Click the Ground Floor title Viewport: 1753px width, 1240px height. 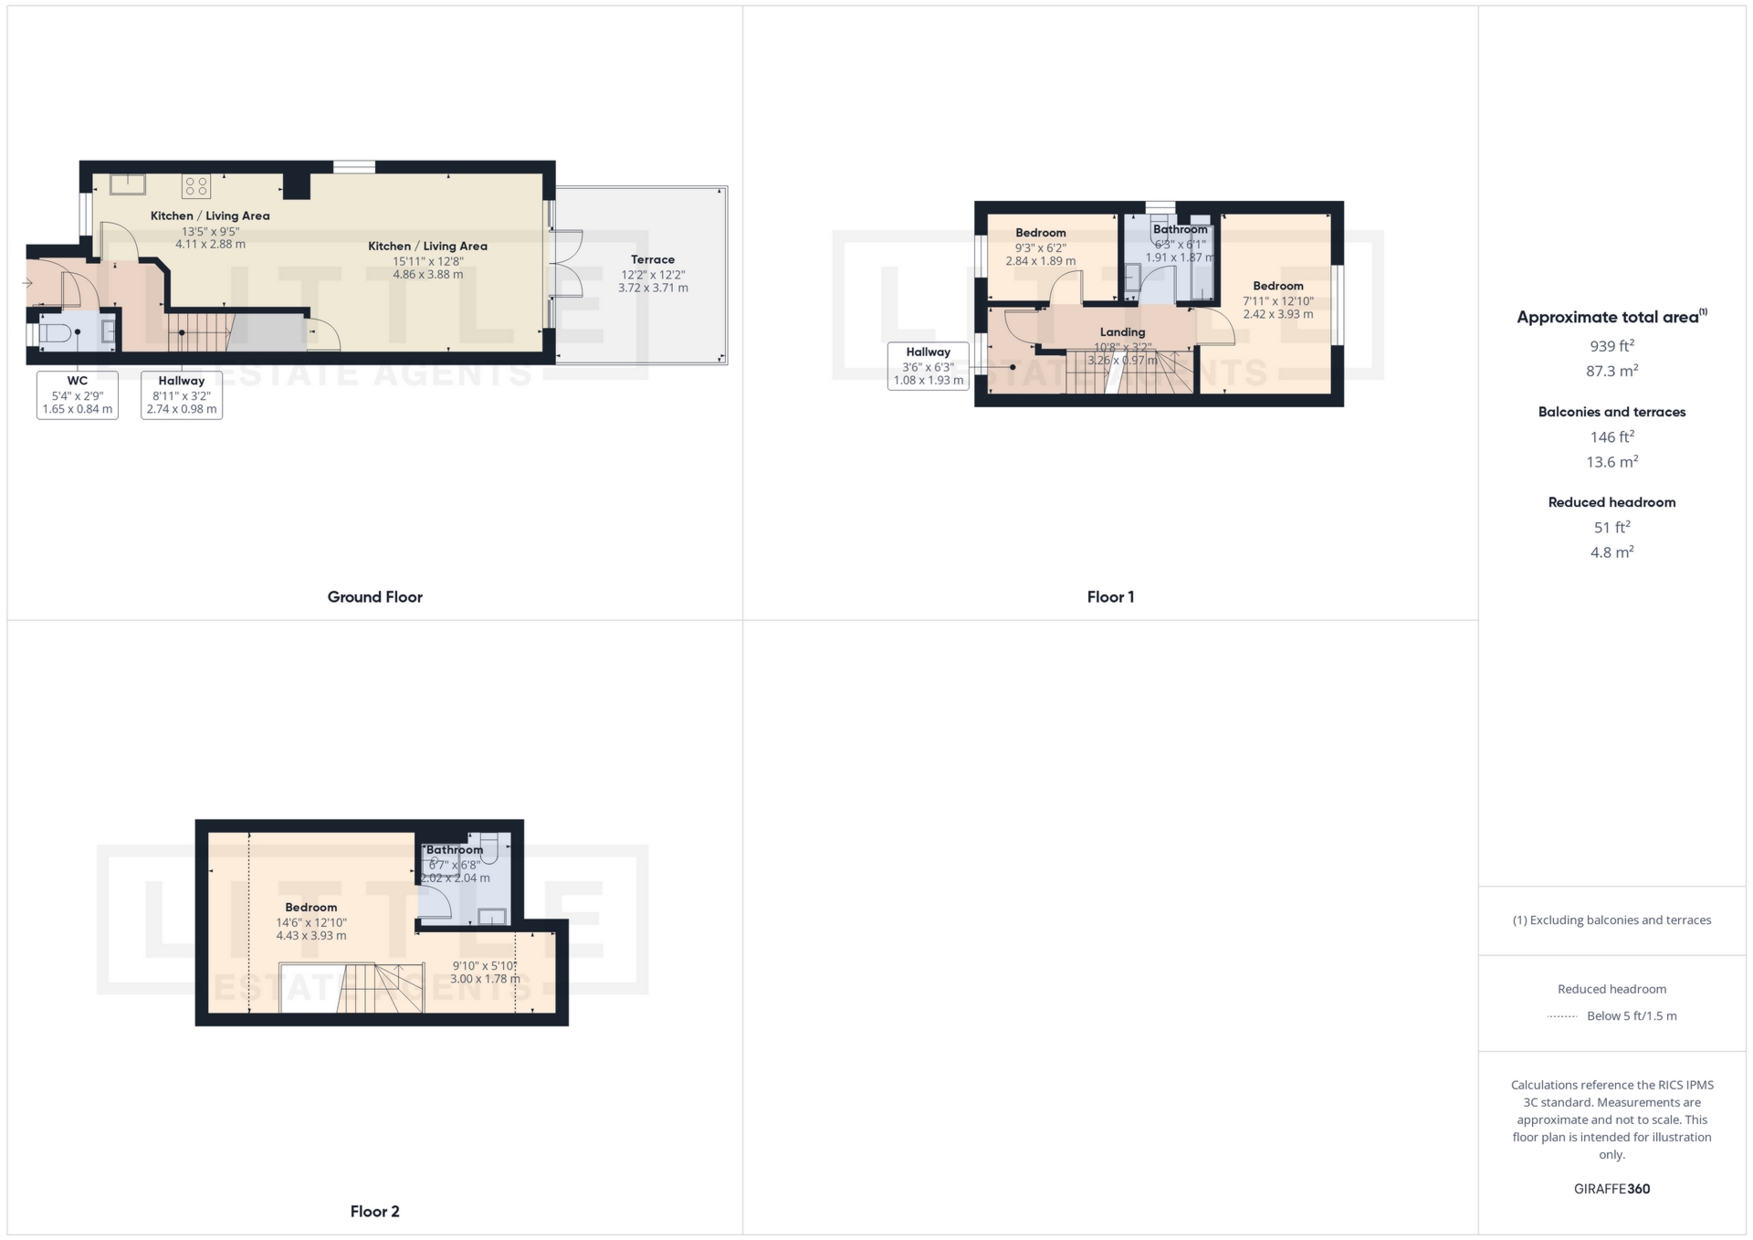coord(374,597)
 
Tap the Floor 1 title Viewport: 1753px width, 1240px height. coord(1110,597)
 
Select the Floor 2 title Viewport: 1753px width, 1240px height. coord(374,1212)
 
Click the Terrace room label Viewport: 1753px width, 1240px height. coord(653,259)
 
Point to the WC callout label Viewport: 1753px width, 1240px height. coord(78,381)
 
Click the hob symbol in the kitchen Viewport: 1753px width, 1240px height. coord(196,186)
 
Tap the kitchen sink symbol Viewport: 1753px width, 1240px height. coord(128,184)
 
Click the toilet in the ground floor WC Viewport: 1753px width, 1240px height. coord(55,332)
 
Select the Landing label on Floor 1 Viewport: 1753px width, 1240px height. coord(1122,332)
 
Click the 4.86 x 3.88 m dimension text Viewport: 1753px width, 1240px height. coord(428,274)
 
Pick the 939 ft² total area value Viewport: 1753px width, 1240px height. coord(1611,346)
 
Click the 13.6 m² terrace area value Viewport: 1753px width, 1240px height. coord(1611,462)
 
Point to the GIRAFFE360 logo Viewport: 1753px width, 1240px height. coord(1611,1189)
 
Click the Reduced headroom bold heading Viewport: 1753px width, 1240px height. coord(1611,502)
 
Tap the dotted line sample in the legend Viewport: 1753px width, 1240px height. coord(1562,1016)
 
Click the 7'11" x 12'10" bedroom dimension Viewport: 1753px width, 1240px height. coord(1277,301)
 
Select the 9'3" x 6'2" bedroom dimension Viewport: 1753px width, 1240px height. coord(1040,247)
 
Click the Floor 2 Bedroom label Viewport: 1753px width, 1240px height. coord(310,908)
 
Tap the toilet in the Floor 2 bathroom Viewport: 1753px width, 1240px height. coord(488,848)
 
